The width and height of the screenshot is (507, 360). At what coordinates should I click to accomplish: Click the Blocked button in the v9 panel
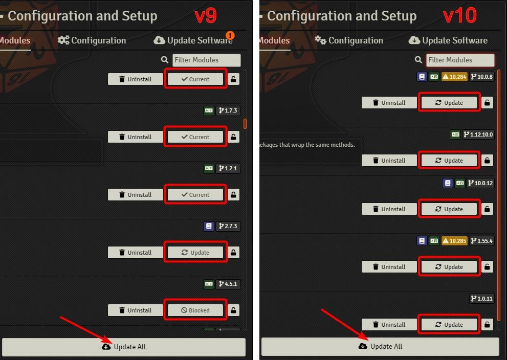[195, 310]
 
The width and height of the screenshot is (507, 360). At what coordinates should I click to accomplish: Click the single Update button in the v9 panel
[195, 252]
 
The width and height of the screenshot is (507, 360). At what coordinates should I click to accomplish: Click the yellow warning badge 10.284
[454, 77]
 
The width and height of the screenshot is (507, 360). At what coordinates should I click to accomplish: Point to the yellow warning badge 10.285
[454, 241]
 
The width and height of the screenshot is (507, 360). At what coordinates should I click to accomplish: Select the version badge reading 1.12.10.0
[478, 134]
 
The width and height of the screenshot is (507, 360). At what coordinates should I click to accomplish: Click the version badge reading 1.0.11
[481, 299]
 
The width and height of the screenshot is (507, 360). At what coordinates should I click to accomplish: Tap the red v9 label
[206, 16]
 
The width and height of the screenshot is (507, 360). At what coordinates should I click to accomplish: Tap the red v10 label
[459, 16]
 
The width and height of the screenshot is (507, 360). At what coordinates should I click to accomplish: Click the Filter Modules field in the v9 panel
[206, 60]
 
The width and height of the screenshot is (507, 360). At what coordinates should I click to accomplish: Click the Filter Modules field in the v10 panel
[460, 60]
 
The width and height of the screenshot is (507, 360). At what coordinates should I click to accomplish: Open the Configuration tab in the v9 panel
[92, 40]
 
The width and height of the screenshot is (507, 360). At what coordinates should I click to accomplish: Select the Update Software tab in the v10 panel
[448, 40]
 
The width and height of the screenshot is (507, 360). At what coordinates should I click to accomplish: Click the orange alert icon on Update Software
[230, 35]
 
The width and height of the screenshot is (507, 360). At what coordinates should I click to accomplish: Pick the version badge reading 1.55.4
[481, 241]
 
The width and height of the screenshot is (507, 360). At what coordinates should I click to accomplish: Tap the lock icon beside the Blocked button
[234, 310]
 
